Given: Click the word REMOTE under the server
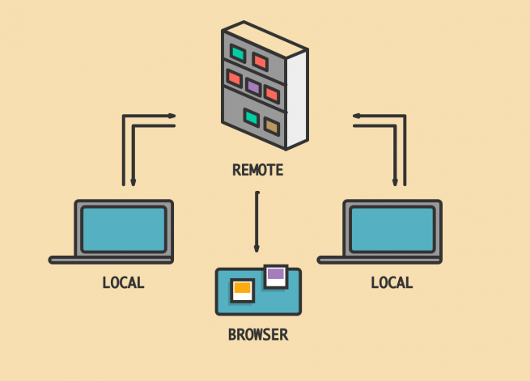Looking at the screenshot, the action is click(258, 170).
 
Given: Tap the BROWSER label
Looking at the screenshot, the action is click(258, 335).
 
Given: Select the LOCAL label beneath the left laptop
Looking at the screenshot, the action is click(123, 282).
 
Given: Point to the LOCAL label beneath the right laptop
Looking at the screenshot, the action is click(392, 282).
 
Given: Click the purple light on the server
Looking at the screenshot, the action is click(253, 87).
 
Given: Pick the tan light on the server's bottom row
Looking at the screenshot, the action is click(272, 126).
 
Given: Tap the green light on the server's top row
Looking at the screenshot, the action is click(238, 53).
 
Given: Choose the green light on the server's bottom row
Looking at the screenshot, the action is click(251, 117).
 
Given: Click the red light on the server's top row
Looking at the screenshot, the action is click(261, 61).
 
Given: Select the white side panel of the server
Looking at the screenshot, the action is click(297, 99).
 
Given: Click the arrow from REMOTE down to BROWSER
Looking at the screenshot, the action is click(257, 222).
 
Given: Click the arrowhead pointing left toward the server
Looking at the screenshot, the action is click(357, 116).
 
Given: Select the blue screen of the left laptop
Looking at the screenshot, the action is click(124, 230).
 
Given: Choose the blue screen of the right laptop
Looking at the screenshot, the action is click(392, 230).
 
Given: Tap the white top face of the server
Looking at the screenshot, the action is click(265, 39).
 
